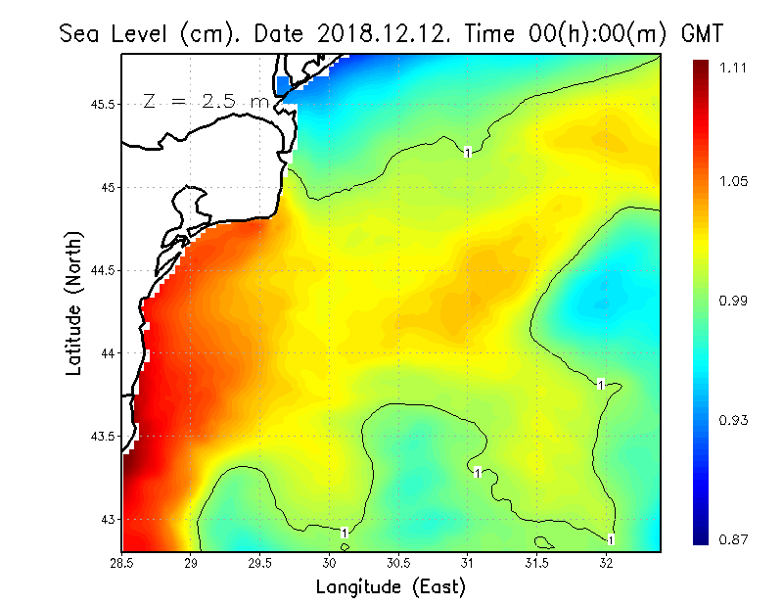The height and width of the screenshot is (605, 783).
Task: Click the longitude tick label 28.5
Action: [x=122, y=563]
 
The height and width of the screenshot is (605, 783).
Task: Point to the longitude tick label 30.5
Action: [x=398, y=563]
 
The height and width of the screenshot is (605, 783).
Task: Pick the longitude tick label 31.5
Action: [x=536, y=563]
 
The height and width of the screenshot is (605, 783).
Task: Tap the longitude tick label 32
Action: [x=606, y=563]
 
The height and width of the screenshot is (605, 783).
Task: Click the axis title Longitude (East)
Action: [x=391, y=587]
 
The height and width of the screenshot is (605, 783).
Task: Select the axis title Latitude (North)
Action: [x=73, y=302]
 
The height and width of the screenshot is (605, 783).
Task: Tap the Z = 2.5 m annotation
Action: [x=205, y=101]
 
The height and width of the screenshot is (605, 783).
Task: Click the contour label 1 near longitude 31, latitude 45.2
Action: [x=468, y=153]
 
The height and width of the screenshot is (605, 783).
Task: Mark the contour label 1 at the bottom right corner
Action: [x=611, y=539]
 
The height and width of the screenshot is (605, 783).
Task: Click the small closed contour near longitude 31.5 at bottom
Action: [x=544, y=541]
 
